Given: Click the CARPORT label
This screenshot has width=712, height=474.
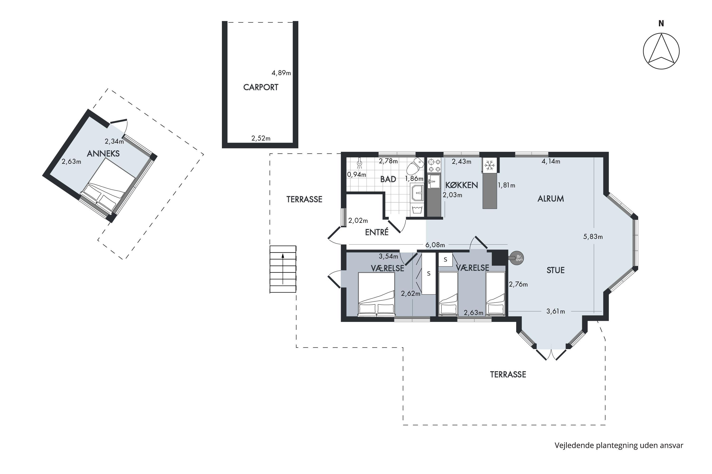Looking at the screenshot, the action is point(261,87).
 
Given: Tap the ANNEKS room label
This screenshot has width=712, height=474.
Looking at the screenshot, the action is point(103,154).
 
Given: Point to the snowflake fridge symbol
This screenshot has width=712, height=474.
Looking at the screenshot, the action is point(489,165).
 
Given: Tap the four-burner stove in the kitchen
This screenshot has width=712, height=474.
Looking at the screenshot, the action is point(434,165).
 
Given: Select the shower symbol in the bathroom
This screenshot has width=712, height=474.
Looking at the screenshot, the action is point(359,163).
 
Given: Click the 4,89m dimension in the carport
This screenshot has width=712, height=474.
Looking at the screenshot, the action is point(281,73).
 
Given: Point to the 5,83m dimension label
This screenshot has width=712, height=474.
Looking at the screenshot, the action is point(593,237).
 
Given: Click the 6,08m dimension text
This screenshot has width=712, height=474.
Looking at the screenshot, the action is point(435,245).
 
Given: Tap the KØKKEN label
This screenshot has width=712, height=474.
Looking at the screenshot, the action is point(462,185).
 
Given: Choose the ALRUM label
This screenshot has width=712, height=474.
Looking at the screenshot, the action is point(551,199).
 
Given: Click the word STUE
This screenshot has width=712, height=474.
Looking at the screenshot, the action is point(556,270).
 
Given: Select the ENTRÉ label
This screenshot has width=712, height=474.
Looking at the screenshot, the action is point(377,232).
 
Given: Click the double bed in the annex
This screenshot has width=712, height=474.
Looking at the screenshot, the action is point(108,185).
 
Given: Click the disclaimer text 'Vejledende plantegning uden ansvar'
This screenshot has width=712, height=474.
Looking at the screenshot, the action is point(619,445).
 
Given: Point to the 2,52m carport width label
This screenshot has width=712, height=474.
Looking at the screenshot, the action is point(261,138).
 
